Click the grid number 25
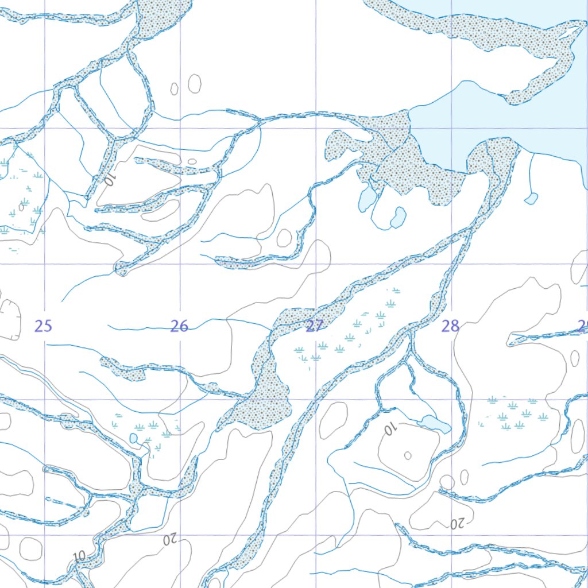[43, 327]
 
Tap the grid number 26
[179, 327]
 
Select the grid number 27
[314, 327]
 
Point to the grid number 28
[450, 327]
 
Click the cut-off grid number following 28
[583, 327]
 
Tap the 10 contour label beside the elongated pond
[391, 430]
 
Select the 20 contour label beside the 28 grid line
[457, 524]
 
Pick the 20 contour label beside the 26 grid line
[171, 540]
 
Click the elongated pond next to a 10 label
[435, 424]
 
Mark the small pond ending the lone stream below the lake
[531, 199]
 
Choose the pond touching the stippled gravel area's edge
[367, 198]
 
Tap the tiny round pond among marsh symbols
[134, 438]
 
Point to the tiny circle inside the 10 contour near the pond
[408, 455]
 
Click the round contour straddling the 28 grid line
[447, 482]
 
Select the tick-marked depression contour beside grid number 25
[10, 319]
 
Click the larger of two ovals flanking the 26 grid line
[195, 84]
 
